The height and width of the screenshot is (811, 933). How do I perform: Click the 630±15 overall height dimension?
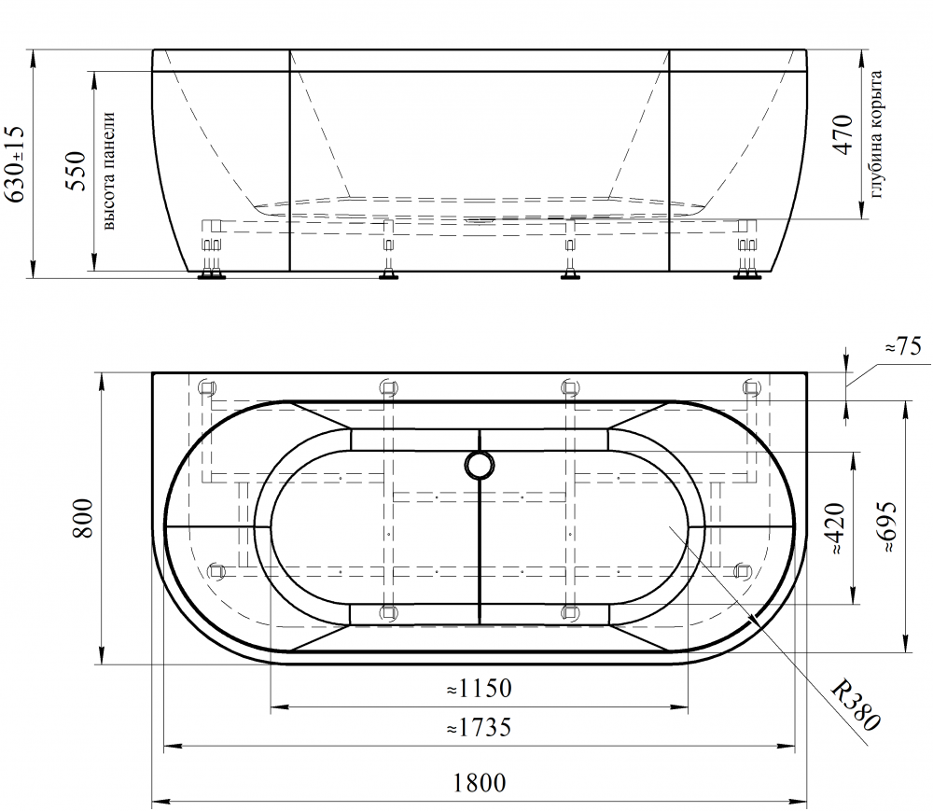tap(14, 163)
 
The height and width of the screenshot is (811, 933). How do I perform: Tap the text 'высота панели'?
tap(108, 171)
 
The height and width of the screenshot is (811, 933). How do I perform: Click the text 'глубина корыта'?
tap(875, 134)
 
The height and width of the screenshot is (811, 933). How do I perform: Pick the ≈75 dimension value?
tap(902, 346)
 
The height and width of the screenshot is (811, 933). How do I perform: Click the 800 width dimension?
tap(83, 518)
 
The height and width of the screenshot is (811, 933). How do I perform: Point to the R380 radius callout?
tap(855, 706)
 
